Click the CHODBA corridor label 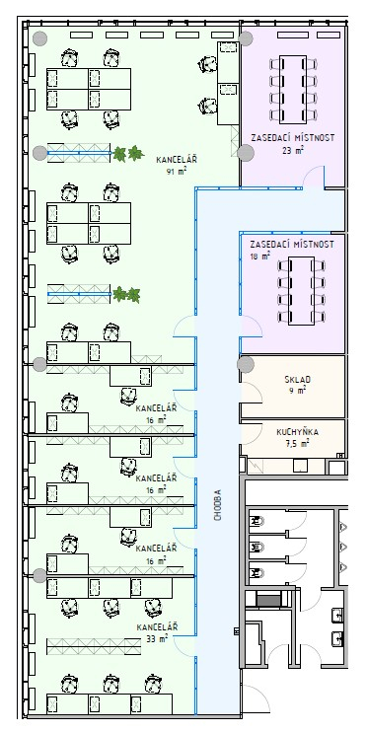pyautogui.click(x=218, y=505)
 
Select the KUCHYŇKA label pyautogui.click(x=297, y=432)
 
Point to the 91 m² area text pyautogui.click(x=177, y=171)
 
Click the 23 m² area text pyautogui.click(x=293, y=151)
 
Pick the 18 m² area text pyautogui.click(x=259, y=256)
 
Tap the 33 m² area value pyautogui.click(x=157, y=637)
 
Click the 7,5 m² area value pyautogui.click(x=297, y=444)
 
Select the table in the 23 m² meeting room pyautogui.click(x=293, y=90)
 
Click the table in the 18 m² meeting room pyautogui.click(x=302, y=291)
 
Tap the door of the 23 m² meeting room pyautogui.click(x=313, y=177)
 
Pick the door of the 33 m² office pyautogui.click(x=183, y=646)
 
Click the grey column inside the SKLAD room pyautogui.click(x=246, y=365)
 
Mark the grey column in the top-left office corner pyautogui.click(x=39, y=38)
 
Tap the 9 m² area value pyautogui.click(x=295, y=390)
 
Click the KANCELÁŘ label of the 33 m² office pyautogui.click(x=157, y=626)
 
